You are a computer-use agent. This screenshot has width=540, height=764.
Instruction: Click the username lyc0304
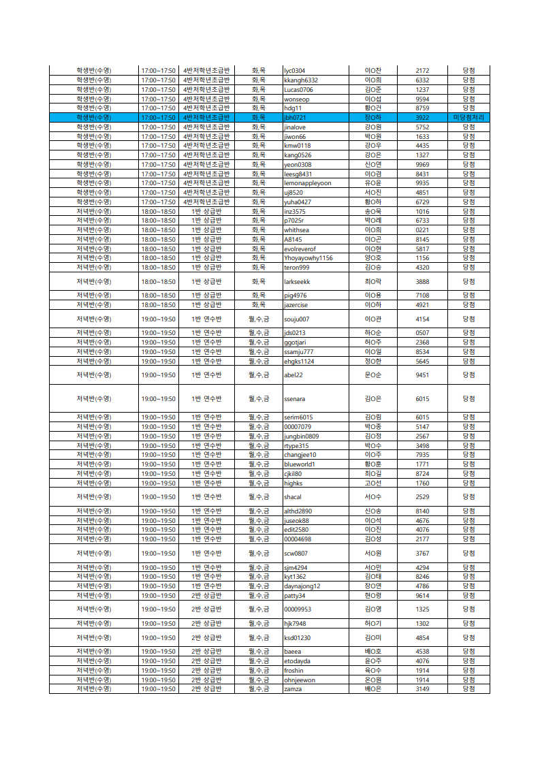[x=294, y=71]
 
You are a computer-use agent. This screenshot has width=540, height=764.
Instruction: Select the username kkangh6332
[x=301, y=80]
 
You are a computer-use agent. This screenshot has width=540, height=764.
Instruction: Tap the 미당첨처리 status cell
[x=468, y=118]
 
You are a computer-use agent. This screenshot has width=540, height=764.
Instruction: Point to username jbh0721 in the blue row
[x=295, y=118]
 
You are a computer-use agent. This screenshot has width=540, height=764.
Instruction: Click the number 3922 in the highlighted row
[x=422, y=118]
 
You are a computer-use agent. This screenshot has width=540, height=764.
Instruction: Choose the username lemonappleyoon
[x=307, y=183]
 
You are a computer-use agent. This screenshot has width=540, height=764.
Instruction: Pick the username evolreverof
[x=300, y=249]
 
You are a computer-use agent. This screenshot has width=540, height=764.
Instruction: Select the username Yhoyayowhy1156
[x=308, y=258]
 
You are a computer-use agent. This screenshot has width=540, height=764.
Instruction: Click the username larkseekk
[x=297, y=282]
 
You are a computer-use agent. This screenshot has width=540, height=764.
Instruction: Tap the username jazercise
[x=296, y=305]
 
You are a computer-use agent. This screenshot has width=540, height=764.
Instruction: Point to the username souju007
[x=296, y=319]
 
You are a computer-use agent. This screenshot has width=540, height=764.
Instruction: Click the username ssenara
[x=295, y=399]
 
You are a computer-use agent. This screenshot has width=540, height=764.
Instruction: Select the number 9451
[x=422, y=375]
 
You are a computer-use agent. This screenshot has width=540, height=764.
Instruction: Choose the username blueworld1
[x=300, y=464]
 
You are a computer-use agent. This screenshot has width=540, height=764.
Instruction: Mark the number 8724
[x=422, y=474]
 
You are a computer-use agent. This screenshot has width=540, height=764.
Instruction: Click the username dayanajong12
[x=302, y=586]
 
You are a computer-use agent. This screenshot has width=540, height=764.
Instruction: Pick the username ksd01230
[x=298, y=638]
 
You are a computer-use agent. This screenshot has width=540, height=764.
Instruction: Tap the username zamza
[x=293, y=689]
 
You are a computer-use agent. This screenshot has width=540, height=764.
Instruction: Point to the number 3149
[x=422, y=689]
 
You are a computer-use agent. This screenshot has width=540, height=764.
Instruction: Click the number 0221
[x=422, y=230]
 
